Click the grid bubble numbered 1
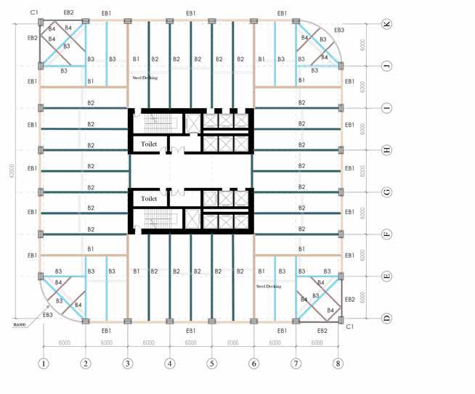click(44, 364)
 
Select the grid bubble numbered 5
click(212, 364)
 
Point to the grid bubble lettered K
click(387, 24)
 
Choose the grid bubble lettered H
click(387, 150)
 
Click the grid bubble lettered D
click(387, 319)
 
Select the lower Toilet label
click(150, 198)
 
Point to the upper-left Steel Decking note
click(144, 77)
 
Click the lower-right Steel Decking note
click(268, 286)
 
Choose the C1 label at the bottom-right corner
click(349, 327)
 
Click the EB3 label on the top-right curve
click(339, 30)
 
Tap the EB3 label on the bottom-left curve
click(48, 314)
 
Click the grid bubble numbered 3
click(128, 364)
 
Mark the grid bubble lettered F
click(387, 234)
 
